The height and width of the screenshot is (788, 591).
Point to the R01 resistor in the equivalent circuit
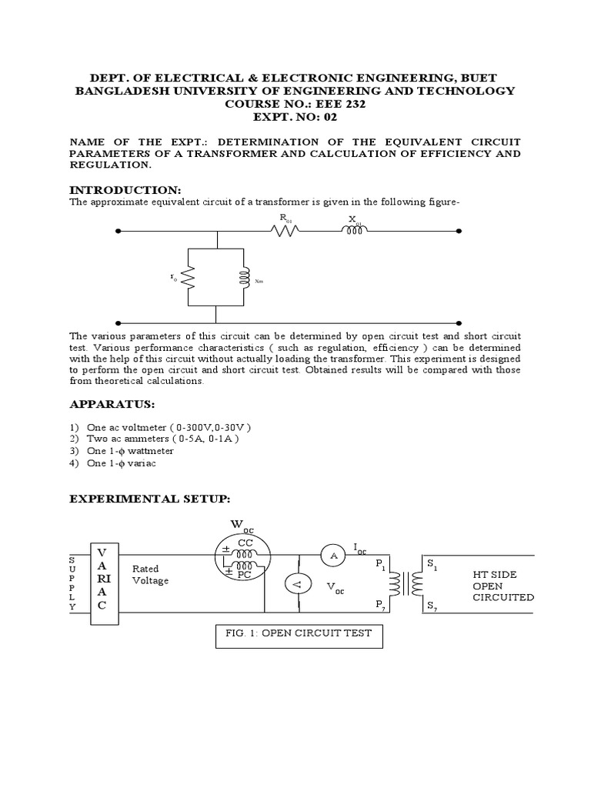coord(285,230)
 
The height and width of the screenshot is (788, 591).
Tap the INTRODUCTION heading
coord(125,189)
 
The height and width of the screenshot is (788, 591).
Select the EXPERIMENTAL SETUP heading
coord(149,499)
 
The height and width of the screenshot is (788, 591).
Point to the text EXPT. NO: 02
coord(295,118)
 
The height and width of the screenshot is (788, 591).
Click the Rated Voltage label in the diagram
coord(150,575)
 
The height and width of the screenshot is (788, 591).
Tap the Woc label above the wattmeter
coord(242,526)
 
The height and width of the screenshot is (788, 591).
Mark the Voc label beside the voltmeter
coord(336,587)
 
